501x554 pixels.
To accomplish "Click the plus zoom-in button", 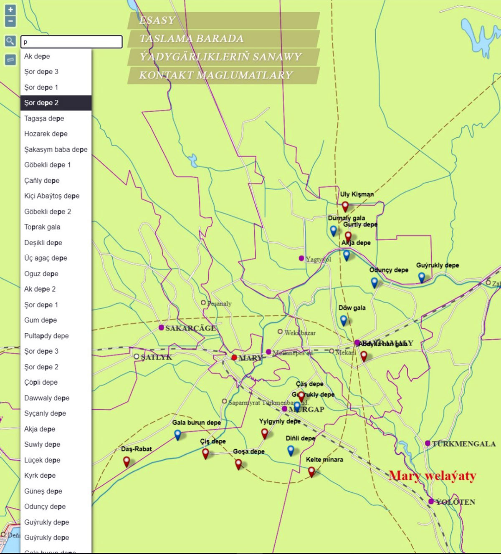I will coord(10,10).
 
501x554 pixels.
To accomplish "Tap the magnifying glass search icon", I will coord(10,41).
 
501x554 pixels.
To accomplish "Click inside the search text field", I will coord(71,42).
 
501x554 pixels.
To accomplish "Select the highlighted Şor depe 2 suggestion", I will coord(56,103).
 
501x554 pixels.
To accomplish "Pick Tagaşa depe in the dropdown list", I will coord(44,118).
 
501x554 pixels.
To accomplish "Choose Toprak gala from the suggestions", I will coord(42,227).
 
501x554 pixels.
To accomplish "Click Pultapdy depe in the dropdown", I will coord(46,336).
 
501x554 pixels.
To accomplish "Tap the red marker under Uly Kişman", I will coord(345,206).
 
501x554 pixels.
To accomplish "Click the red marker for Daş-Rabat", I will coord(127,461).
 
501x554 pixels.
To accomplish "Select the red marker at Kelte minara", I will coord(311,471).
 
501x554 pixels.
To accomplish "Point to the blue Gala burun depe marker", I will coord(178,435).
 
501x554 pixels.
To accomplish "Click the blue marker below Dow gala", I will coord(344,320).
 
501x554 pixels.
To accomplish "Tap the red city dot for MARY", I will coord(234,358).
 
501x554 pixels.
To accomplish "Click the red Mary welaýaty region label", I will coord(432,476).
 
